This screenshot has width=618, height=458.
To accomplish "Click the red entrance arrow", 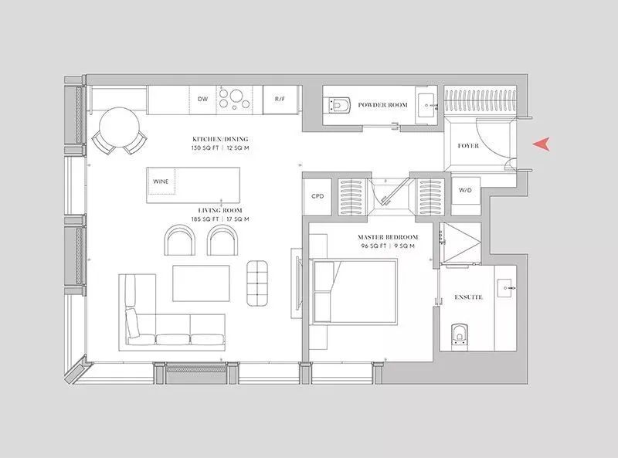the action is [542, 144].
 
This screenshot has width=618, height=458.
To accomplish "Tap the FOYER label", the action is [468, 146].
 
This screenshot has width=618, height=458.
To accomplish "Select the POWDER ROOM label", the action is [382, 105].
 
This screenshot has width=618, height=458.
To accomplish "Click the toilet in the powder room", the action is [338, 105].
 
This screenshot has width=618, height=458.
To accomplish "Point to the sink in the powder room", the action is [427, 105].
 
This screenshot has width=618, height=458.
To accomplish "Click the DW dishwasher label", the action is [202, 99].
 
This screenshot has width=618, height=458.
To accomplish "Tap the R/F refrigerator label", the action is [280, 99].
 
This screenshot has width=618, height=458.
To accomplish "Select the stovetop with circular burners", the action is [234, 99].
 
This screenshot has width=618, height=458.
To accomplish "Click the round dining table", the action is [119, 127].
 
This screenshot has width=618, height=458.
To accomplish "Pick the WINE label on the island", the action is [161, 182].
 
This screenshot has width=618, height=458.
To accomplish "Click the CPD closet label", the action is [317, 196].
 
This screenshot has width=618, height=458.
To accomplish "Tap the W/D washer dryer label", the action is [465, 190].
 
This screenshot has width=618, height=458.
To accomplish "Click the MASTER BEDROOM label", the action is [388, 237].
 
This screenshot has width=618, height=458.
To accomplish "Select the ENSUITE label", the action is [468, 297].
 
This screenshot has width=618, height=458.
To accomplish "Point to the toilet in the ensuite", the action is [459, 336].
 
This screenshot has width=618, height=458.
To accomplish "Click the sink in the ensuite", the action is [506, 288].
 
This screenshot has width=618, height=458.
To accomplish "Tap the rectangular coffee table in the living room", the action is [201, 283].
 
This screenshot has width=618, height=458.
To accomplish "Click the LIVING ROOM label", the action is [220, 211].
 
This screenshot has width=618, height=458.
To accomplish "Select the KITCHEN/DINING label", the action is [220, 139].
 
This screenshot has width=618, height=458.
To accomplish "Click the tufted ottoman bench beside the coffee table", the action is [257, 283].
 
